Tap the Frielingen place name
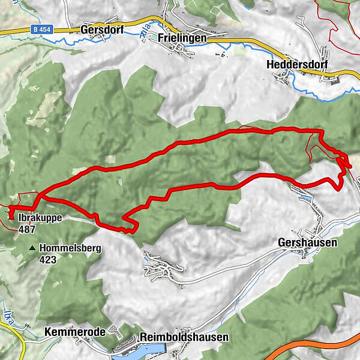[x=182, y=37]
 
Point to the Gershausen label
[x=308, y=243]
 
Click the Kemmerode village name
[x=75, y=332]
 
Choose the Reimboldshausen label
[x=184, y=338]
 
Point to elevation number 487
[x=27, y=229]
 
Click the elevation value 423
[x=48, y=259]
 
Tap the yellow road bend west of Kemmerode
[x=21, y=339]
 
